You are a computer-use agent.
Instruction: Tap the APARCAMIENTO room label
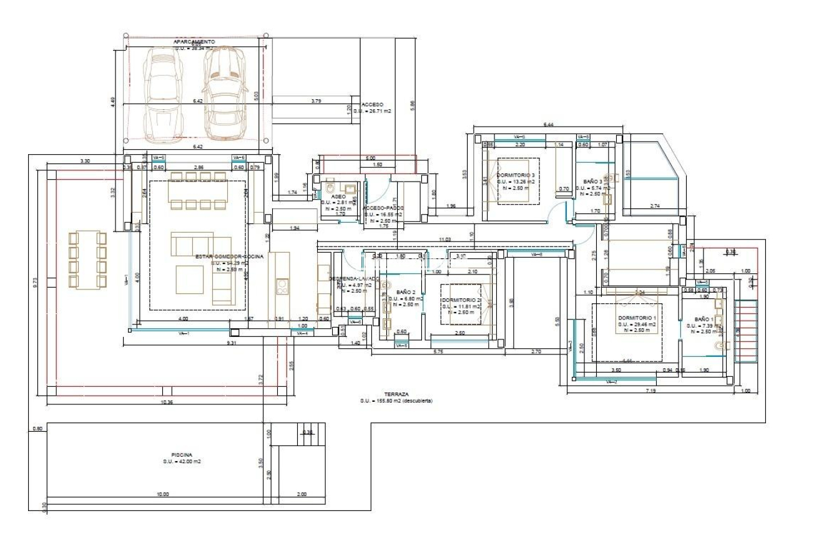tap(194, 41)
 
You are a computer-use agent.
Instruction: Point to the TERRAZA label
tap(396, 394)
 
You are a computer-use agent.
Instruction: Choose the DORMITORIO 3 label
tap(516, 175)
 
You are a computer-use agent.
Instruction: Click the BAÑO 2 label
tap(406, 291)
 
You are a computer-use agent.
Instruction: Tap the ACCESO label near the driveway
tap(371, 105)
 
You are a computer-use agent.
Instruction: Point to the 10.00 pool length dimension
tap(162, 495)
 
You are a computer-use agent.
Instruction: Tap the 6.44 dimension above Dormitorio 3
tap(548, 125)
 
